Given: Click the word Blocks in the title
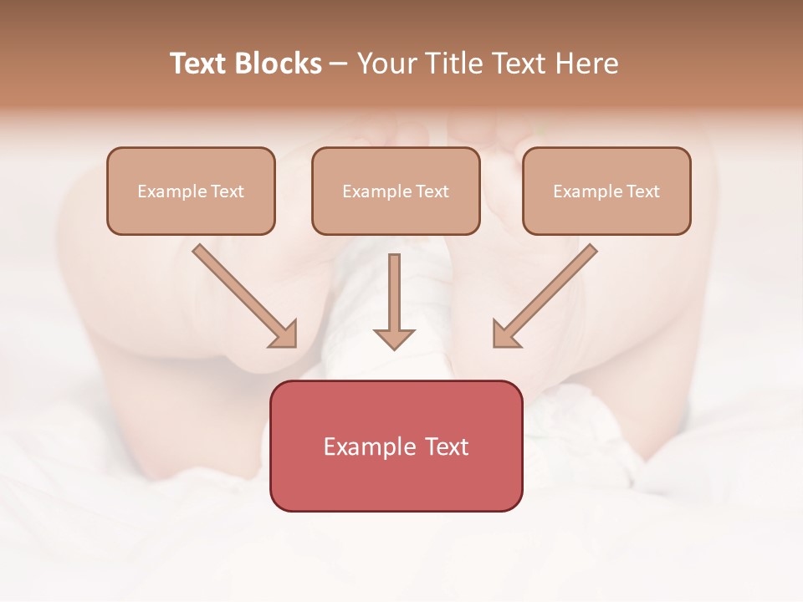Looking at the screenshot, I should (278, 64).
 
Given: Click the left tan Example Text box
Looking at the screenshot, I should (191, 191).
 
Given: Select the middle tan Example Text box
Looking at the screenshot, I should (396, 191).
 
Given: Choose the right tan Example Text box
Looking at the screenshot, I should (606, 191).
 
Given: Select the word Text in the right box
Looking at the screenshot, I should (642, 191).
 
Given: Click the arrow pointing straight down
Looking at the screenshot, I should (394, 301).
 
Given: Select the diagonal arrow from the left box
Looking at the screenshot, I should (245, 296).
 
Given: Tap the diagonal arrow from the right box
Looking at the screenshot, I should (545, 296).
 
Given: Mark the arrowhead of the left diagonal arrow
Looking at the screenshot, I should (284, 334).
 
